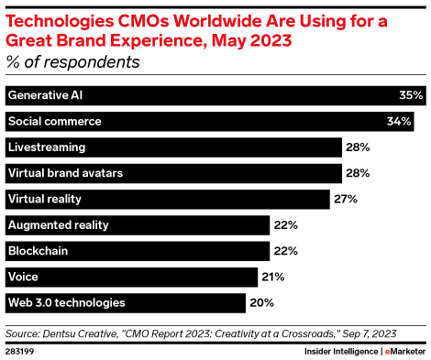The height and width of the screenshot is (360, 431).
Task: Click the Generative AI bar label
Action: point(45,95)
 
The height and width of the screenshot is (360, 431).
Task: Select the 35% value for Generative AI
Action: point(410,95)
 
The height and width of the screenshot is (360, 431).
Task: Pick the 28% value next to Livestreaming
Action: point(357,147)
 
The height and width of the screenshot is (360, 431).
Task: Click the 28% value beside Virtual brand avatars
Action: point(357,172)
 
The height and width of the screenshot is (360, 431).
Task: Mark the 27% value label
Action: point(345,198)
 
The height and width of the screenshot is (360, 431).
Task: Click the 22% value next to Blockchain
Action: point(285,250)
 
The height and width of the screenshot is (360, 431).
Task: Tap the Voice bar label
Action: point(23,276)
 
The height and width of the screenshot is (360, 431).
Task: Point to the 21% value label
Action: point(272,276)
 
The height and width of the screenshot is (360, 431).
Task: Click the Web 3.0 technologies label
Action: point(66,301)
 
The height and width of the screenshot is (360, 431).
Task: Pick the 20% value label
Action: point(260,301)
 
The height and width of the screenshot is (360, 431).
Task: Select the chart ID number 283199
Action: point(20,350)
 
